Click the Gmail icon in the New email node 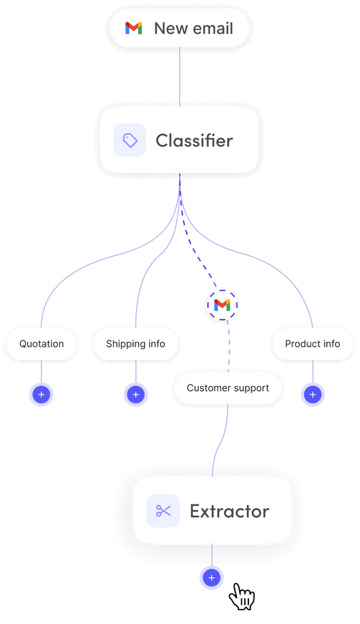(x=133, y=29)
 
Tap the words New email (x=193, y=29)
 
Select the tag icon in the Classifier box (x=130, y=140)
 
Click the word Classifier (x=194, y=140)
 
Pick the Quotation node (x=42, y=344)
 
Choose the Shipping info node (x=135, y=344)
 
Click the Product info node (x=312, y=344)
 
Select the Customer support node (x=228, y=388)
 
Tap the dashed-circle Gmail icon (x=222, y=305)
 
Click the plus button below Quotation (x=41, y=395)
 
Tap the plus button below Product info (x=312, y=395)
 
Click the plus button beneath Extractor (x=211, y=578)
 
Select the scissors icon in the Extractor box (x=163, y=511)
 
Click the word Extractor (x=229, y=511)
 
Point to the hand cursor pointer (x=241, y=597)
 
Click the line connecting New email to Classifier (x=180, y=76)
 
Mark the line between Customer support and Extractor (x=220, y=440)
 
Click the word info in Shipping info (x=156, y=344)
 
